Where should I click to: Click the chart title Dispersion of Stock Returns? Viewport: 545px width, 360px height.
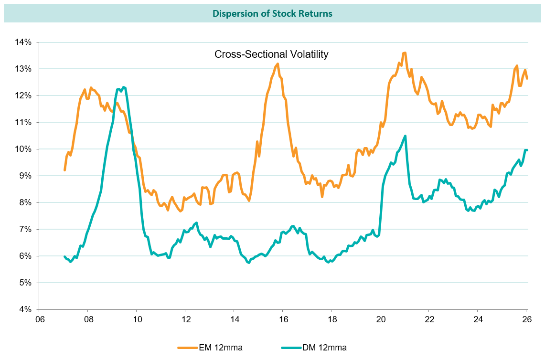[272, 13]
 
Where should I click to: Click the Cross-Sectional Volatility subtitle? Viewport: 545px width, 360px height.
[271, 54]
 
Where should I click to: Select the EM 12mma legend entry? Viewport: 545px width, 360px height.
[210, 348]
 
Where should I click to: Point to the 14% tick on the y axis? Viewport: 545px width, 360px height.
[22, 42]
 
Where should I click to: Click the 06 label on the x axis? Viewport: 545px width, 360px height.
[39, 318]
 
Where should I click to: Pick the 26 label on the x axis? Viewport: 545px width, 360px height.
[526, 318]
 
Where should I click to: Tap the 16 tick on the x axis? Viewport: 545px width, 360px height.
[283, 318]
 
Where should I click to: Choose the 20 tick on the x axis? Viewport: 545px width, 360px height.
[380, 318]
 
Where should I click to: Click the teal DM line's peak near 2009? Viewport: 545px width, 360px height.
[124, 87]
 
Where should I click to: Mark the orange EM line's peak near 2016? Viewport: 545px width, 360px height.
[277, 64]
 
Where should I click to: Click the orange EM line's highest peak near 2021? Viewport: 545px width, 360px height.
[405, 53]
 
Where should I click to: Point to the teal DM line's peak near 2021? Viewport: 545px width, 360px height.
[405, 136]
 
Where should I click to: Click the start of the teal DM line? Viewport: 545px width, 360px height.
[64, 256]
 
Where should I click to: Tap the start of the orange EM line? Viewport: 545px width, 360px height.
[64, 170]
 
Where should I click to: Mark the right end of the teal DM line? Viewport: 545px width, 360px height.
[526, 150]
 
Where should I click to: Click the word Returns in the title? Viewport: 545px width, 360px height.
[316, 13]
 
